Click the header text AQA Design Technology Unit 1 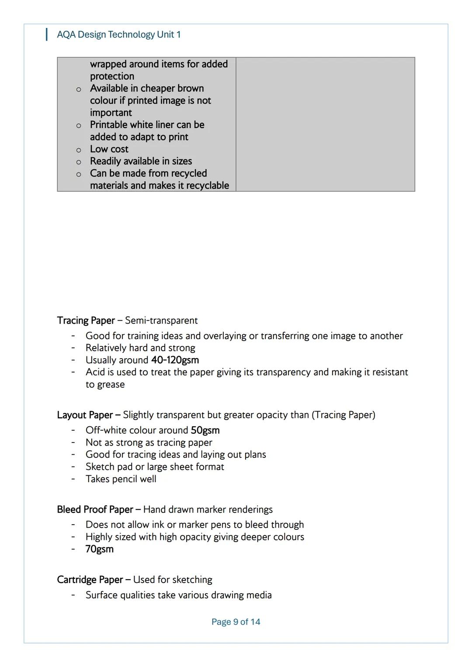pyautogui.click(x=118, y=35)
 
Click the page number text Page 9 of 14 pyautogui.click(x=236, y=622)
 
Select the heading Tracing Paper pyautogui.click(x=86, y=321)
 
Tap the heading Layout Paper pyautogui.click(x=85, y=415)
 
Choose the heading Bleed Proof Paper pyautogui.click(x=95, y=510)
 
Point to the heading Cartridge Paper pyautogui.click(x=90, y=580)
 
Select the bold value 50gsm pyautogui.click(x=205, y=430)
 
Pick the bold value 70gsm pyautogui.click(x=99, y=549)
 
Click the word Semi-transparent pyautogui.click(x=161, y=321)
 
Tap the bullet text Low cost pyautogui.click(x=109, y=149)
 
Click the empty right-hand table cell pyautogui.click(x=325, y=124)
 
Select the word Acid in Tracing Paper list pyautogui.click(x=95, y=372)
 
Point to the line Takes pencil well pyautogui.click(x=121, y=479)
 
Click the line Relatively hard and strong pyautogui.click(x=140, y=348)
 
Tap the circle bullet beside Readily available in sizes pyautogui.click(x=79, y=162)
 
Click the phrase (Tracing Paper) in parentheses pyautogui.click(x=343, y=415)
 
